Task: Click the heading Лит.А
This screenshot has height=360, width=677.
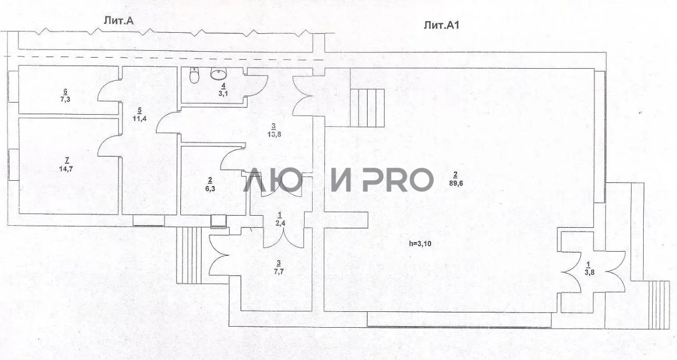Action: pyautogui.click(x=121, y=20)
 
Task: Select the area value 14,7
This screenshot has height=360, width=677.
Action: pyautogui.click(x=66, y=169)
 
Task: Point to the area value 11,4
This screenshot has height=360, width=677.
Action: pyautogui.click(x=140, y=118)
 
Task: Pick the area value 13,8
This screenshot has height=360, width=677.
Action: pyautogui.click(x=273, y=134)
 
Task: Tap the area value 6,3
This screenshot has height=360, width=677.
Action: pyautogui.click(x=209, y=188)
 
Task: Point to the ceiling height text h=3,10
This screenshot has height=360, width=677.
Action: pyautogui.click(x=423, y=244)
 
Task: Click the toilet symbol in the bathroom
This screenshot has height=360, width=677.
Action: pyautogui.click(x=195, y=76)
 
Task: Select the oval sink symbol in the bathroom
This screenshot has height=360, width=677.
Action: pyautogui.click(x=218, y=75)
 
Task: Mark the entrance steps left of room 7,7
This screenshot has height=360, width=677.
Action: pyautogui.click(x=189, y=255)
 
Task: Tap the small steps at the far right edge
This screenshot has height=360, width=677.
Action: pyautogui.click(x=659, y=297)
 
